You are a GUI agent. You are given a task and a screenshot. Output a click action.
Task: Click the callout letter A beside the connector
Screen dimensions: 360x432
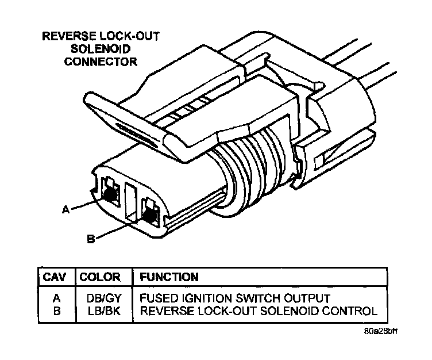pyautogui.click(x=65, y=210)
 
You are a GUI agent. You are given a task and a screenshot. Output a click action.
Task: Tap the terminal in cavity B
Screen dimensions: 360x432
pyautogui.click(x=151, y=216)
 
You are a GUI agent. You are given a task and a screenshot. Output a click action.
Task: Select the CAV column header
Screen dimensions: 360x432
pyautogui.click(x=56, y=277)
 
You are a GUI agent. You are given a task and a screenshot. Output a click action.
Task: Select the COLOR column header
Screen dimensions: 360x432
pyautogui.click(x=99, y=277)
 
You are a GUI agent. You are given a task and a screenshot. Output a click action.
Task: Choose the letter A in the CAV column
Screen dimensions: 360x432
pyautogui.click(x=56, y=298)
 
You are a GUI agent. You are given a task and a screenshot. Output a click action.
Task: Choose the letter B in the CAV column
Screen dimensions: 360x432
pyautogui.click(x=56, y=311)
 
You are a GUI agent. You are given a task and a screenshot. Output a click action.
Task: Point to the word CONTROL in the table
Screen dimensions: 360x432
pyautogui.click(x=351, y=311)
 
